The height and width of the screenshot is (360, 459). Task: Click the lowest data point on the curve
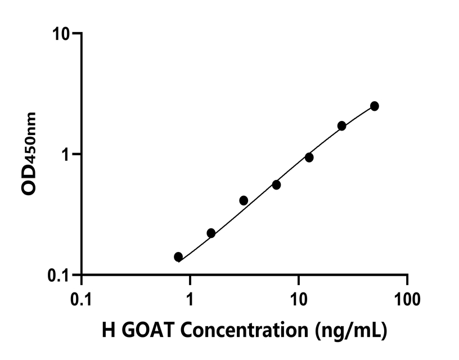point(178,257)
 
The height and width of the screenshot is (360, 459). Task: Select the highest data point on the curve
point(375,106)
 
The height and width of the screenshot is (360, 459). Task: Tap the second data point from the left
point(211,233)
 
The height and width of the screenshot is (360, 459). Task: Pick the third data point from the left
point(244,200)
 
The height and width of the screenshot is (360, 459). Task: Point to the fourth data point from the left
point(276,184)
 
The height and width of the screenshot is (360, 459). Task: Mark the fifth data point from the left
point(309,157)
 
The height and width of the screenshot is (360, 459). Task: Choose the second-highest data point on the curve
point(341,125)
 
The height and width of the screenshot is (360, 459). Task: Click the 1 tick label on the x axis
point(190,299)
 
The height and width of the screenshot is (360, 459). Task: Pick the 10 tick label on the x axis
point(299,299)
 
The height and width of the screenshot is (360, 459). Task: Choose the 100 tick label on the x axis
point(407,299)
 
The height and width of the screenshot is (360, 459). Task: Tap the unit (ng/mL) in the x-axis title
point(350,331)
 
